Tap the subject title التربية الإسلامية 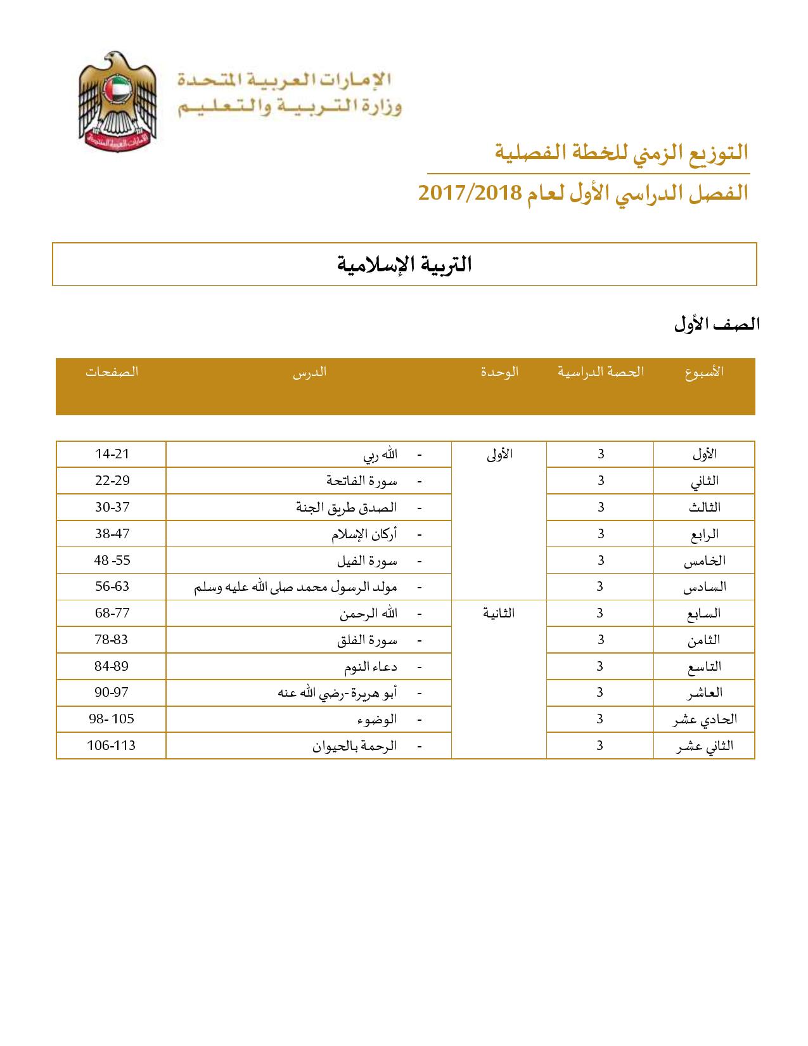(x=404, y=264)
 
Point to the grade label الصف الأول (x=717, y=324)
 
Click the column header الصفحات (x=112, y=372)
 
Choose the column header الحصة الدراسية (x=600, y=372)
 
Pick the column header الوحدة (x=499, y=372)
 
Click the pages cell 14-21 (x=112, y=454)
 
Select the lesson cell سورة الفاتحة (x=362, y=481)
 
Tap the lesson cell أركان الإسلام (x=364, y=534)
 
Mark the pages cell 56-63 (x=112, y=586)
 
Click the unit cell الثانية (x=499, y=613)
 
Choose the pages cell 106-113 (x=112, y=746)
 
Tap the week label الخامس (x=704, y=560)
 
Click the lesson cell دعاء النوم (x=370, y=666)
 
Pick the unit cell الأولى (x=499, y=454)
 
